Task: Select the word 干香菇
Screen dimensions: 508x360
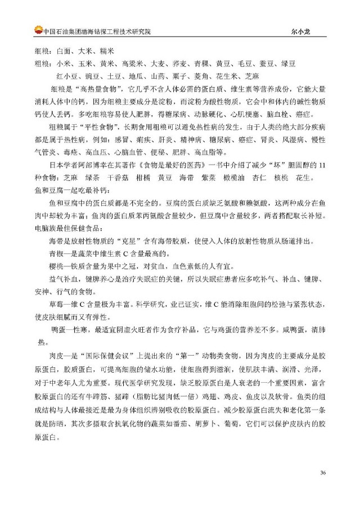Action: point(104,178)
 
